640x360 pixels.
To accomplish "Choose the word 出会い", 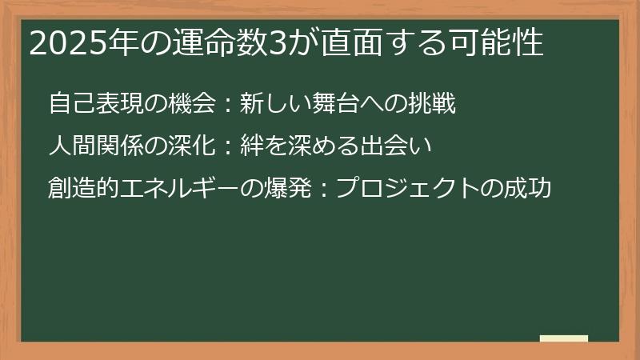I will [402, 146].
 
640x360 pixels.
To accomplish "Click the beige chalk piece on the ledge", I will [563, 338].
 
